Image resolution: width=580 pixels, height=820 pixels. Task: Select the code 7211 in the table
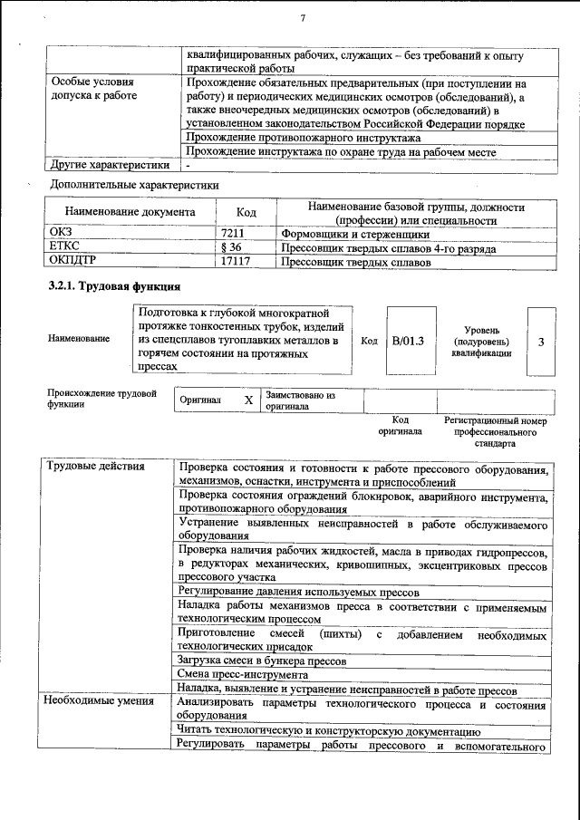(x=235, y=232)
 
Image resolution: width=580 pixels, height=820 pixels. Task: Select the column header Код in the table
(x=246, y=213)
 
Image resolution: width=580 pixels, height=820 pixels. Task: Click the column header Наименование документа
(x=130, y=213)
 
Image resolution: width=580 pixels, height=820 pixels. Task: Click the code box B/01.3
(x=408, y=341)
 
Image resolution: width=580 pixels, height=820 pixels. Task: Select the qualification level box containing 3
(x=541, y=341)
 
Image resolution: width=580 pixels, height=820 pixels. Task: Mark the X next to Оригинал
(x=248, y=400)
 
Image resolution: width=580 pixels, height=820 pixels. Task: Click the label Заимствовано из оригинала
(x=300, y=400)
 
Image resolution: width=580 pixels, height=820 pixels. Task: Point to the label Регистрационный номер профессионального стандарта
(x=495, y=433)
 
